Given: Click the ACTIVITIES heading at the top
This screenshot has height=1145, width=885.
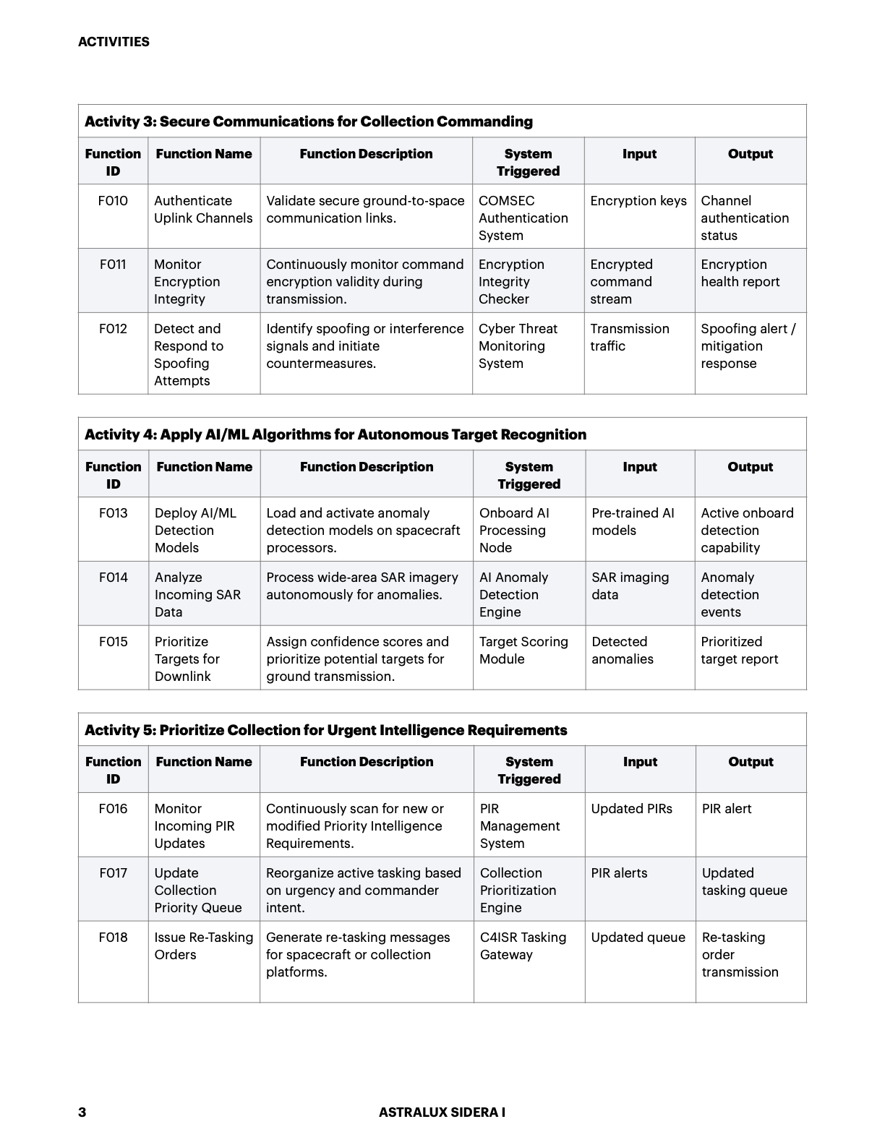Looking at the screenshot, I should coord(114,42).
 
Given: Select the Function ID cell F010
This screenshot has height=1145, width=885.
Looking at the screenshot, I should coord(113,201).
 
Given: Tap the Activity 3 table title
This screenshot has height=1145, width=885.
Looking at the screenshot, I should coord(309,121).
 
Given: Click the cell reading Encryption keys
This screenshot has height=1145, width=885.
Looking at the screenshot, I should coord(638,201).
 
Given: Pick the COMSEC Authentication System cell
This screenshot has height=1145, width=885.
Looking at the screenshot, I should coord(523,218).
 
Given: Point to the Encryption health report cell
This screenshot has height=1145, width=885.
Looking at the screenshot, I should coord(740,273).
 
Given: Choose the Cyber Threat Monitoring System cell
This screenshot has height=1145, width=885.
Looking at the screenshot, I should coord(518,346).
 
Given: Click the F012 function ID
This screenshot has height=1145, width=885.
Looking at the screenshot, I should coord(113,329).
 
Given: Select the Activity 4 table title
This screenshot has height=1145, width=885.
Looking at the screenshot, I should coord(335,434).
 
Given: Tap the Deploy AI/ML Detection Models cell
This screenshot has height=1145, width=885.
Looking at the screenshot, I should coord(195,530).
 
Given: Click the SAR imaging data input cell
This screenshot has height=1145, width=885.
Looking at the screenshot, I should coord(630,586).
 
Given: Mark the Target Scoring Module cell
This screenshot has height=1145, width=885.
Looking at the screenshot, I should coord(523,651).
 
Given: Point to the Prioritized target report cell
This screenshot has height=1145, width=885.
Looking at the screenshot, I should coord(740,651).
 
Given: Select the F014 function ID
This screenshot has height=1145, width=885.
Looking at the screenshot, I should coord(114,578).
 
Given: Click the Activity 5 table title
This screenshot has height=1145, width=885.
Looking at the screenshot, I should coord(325,730).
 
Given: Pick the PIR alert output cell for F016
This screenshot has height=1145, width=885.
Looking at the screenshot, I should coord(727,809).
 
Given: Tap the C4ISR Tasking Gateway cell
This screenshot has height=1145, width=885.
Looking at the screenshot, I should coord(523,946).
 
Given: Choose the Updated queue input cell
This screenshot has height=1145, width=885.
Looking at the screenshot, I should coord(638,938).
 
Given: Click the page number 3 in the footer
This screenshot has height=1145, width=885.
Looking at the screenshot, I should coord(82,1112).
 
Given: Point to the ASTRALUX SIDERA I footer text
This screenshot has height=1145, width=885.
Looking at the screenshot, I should coord(442,1112).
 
